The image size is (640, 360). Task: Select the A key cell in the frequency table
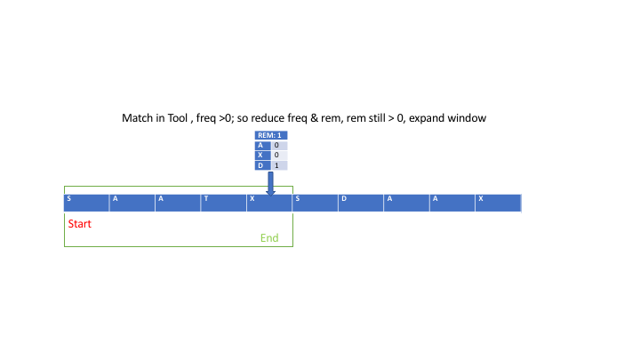260,145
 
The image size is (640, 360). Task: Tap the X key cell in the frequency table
260,155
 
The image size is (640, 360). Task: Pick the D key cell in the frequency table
260,165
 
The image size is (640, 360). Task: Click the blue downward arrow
270,183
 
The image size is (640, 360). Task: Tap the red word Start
80,224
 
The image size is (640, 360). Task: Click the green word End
269,238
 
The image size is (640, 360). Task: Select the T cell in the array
223,203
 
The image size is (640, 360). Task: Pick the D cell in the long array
361,203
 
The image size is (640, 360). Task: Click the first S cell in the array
86,203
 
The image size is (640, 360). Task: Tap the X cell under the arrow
269,203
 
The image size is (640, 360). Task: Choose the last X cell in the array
498,203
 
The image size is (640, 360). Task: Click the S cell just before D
315,203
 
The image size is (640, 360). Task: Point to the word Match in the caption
138,117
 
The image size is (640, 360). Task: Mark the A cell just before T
178,203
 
